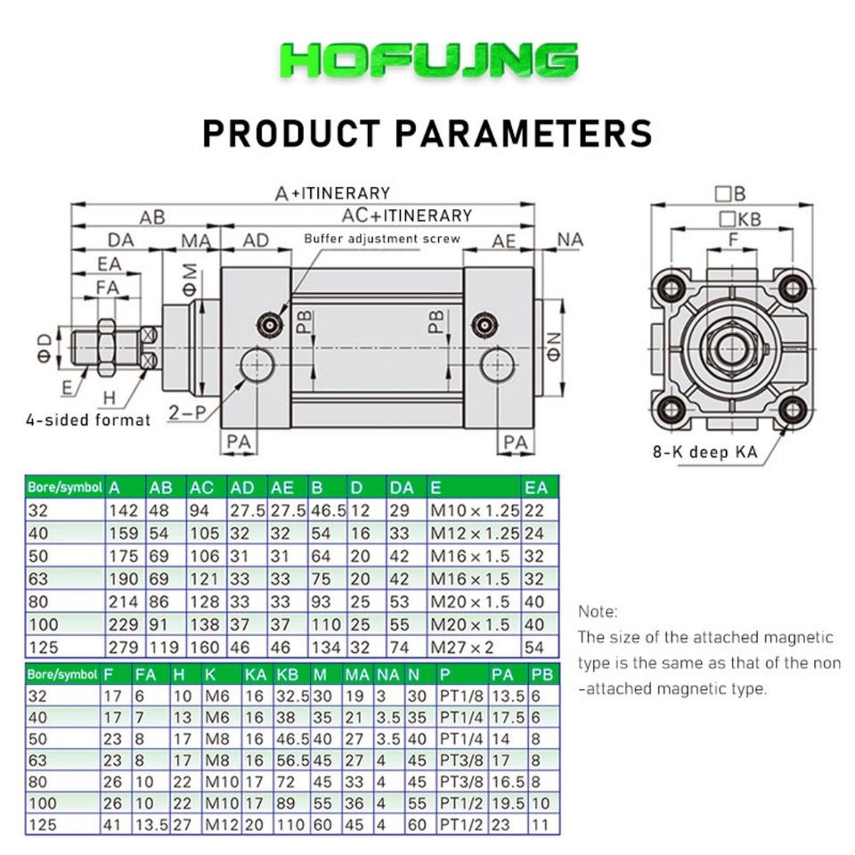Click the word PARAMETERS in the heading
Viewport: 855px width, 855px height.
524,134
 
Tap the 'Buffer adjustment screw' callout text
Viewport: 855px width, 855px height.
382,239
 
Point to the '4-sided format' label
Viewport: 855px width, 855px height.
88,419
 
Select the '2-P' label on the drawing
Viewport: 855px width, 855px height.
186,412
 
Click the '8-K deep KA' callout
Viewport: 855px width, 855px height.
704,452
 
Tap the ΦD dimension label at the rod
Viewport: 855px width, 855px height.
45,348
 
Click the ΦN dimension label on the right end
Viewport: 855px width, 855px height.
553,346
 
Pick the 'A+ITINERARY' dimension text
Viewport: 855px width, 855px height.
332,193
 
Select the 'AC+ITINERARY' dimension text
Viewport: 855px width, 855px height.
407,216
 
